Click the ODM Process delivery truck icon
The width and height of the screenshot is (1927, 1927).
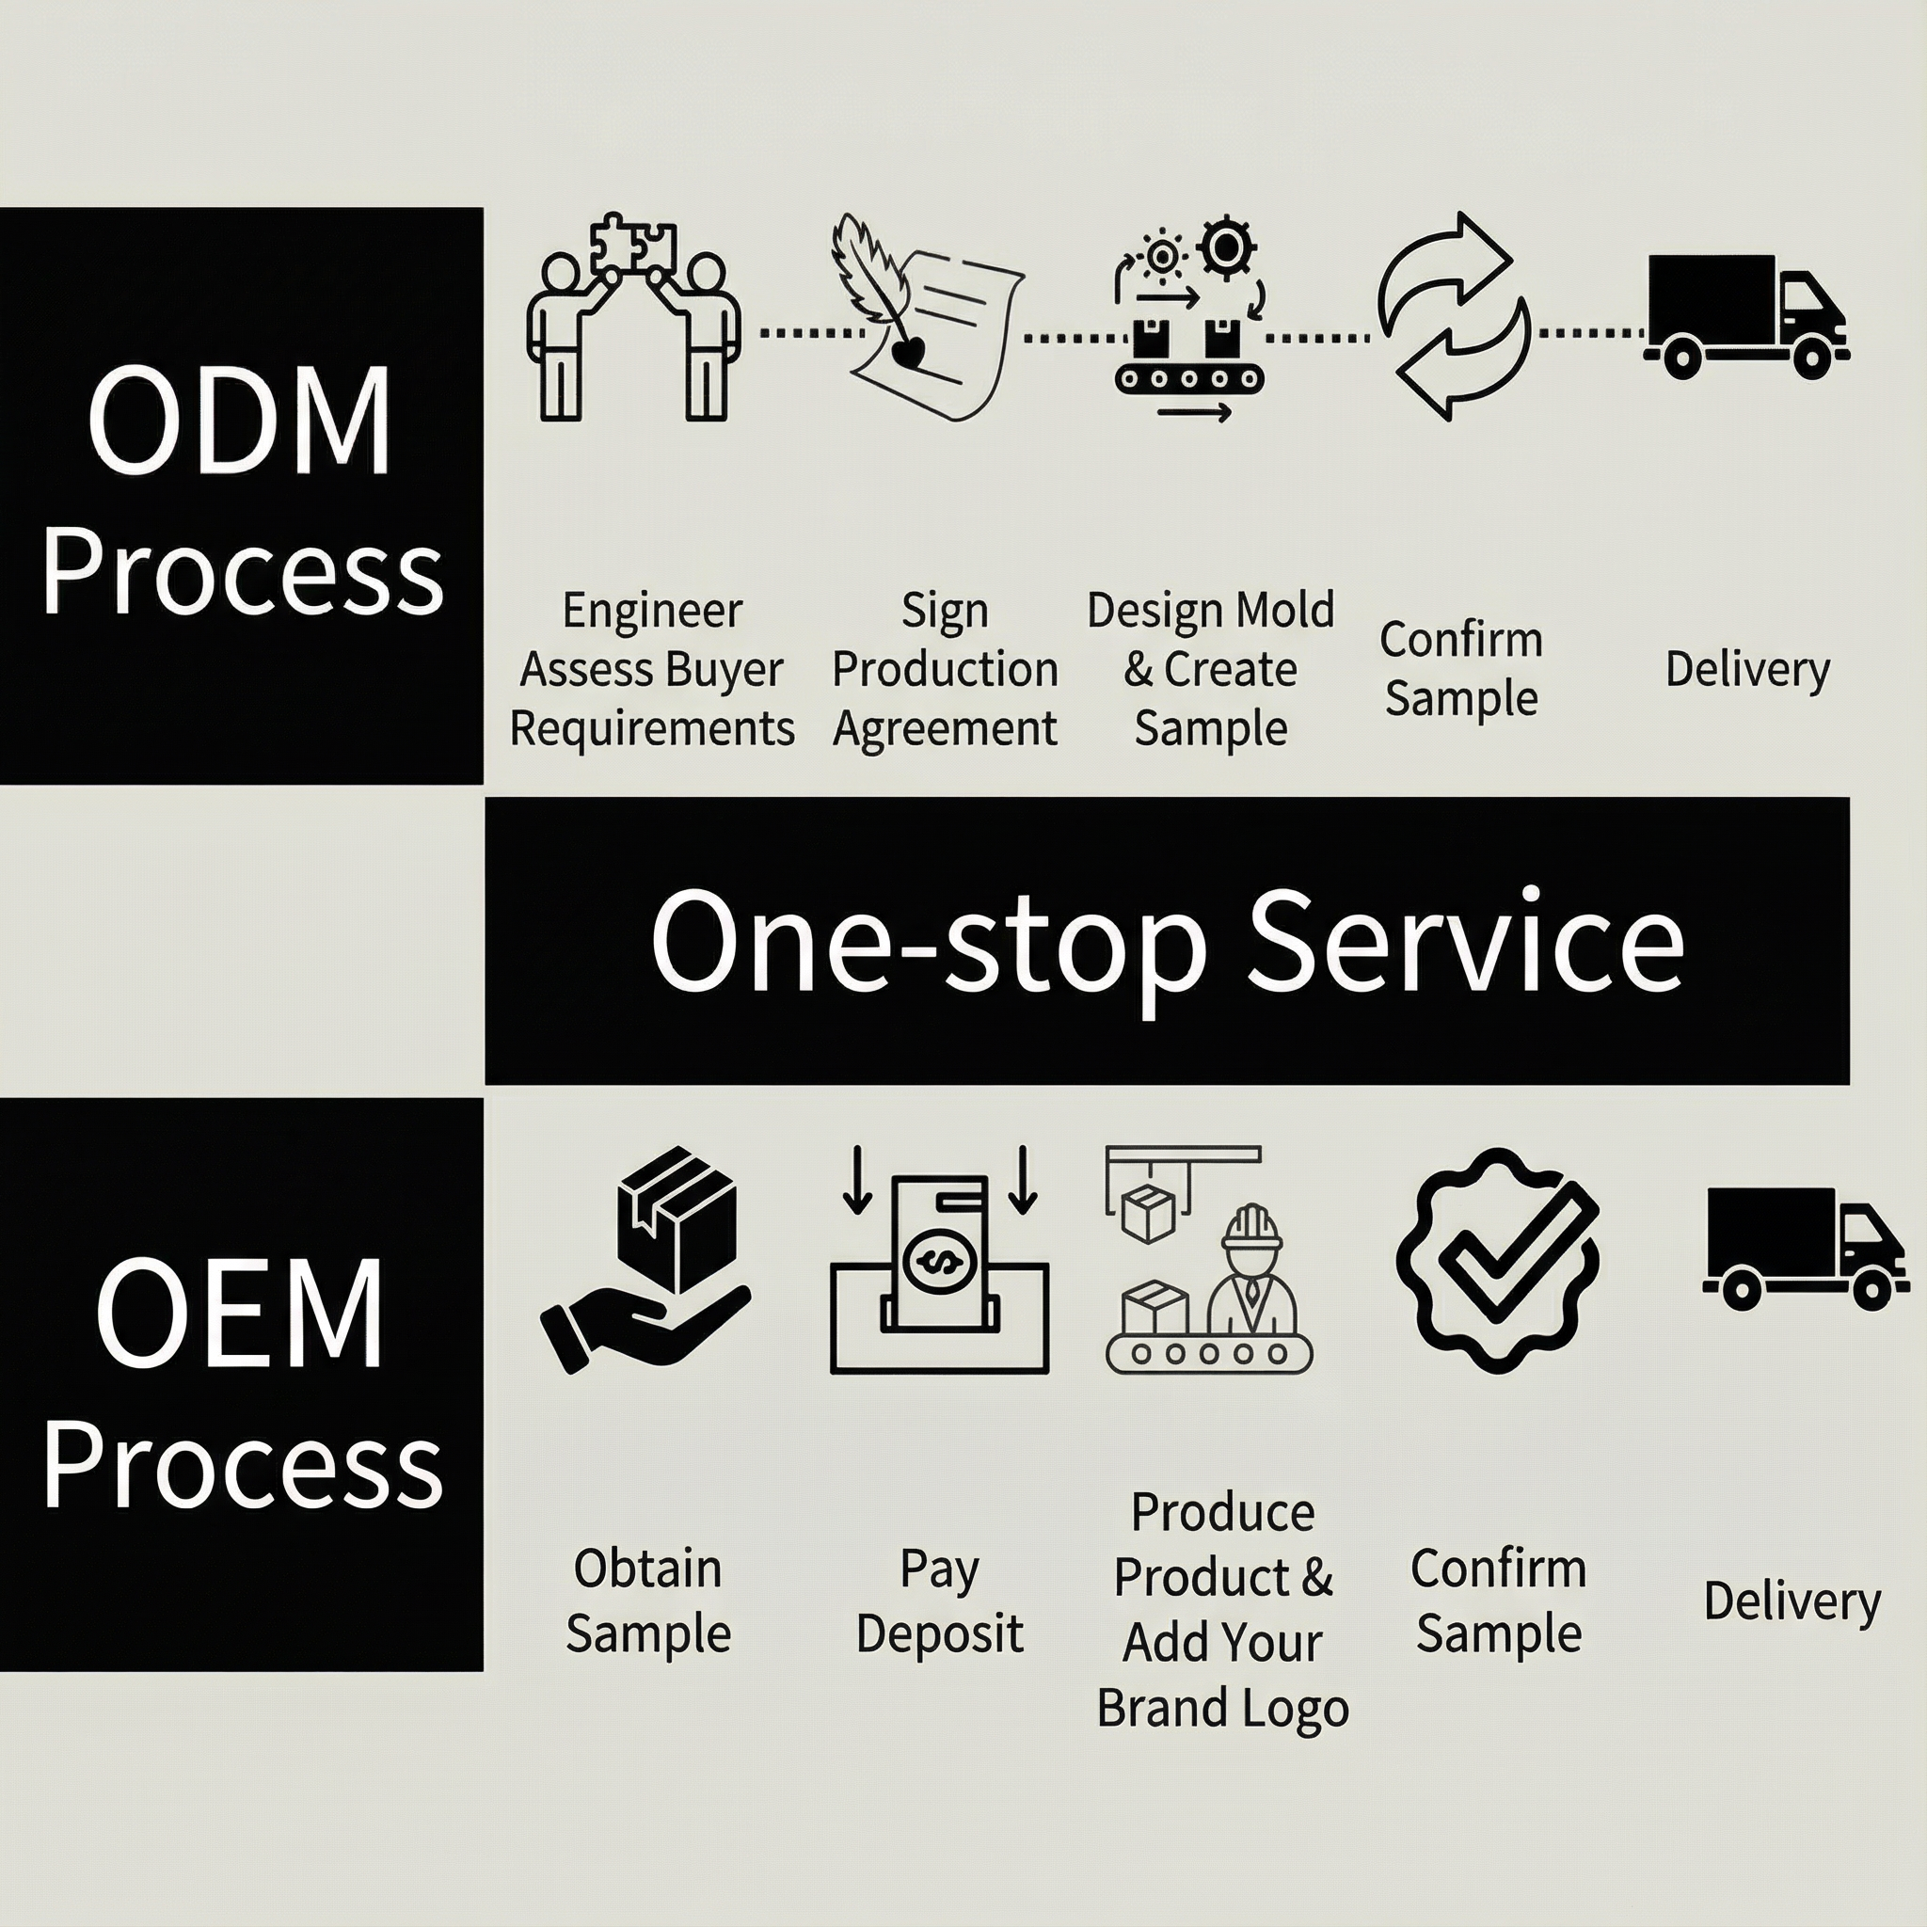pos(1744,315)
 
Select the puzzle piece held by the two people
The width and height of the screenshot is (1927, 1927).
pos(633,243)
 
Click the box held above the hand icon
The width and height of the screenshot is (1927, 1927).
pos(677,1216)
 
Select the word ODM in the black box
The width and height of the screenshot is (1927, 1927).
pos(239,421)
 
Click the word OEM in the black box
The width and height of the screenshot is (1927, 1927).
pos(239,1314)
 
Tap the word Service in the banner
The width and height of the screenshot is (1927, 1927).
pos(1464,942)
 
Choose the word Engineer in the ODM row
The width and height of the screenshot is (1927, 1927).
pos(652,611)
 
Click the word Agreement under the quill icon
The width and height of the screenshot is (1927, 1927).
pos(945,728)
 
